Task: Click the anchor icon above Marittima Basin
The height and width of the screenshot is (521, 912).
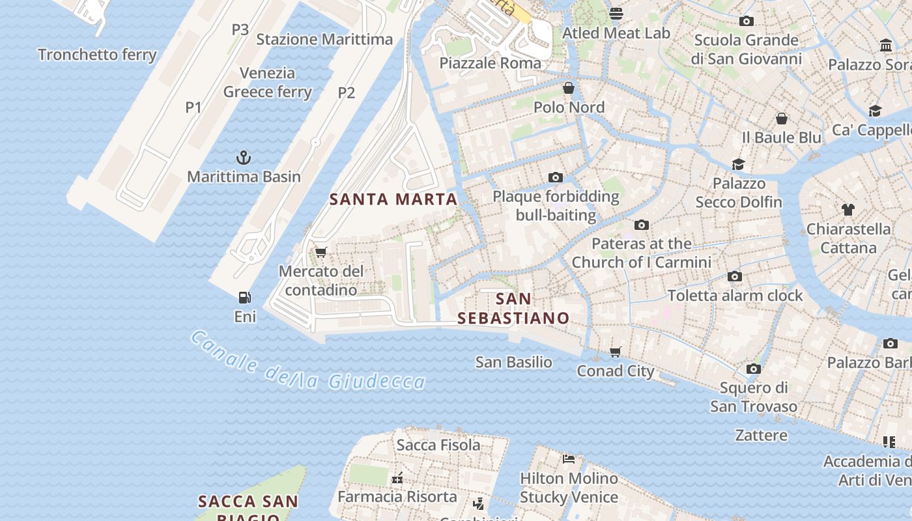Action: [243, 157]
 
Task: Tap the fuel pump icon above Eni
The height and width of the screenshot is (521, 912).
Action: [245, 298]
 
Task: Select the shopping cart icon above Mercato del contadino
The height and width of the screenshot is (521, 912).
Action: [321, 252]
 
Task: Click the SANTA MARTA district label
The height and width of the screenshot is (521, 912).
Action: [393, 199]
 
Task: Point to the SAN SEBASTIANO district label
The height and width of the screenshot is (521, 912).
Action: [513, 309]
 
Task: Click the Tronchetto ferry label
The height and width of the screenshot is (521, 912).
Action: [98, 55]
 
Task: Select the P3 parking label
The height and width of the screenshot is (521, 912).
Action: [240, 29]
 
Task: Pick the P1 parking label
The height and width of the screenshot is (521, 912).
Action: [193, 107]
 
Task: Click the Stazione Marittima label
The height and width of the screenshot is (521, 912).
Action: [324, 39]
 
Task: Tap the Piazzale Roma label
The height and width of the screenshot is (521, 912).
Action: [490, 63]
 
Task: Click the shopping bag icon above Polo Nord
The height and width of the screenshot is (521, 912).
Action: [569, 88]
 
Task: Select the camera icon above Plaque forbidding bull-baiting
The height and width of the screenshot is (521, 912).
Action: [556, 177]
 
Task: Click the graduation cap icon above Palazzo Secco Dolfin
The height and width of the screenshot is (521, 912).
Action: [738, 164]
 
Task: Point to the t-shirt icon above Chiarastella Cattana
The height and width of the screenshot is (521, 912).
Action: [848, 210]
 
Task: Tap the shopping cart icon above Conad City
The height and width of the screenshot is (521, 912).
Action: [616, 352]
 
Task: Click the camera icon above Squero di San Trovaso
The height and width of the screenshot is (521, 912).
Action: [754, 369]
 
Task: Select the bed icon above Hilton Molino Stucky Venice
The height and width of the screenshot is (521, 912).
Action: [569, 459]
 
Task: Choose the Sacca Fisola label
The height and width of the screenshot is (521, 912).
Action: [438, 445]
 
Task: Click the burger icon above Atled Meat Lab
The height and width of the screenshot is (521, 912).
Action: [616, 14]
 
